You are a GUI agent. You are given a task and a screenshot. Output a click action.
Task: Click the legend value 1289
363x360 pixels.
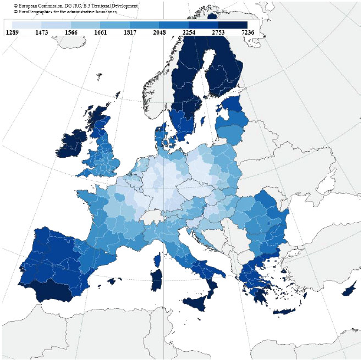point(12,32)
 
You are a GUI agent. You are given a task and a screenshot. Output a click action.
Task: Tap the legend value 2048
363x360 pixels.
point(159,32)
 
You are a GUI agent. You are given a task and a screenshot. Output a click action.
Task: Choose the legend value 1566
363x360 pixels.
point(70,32)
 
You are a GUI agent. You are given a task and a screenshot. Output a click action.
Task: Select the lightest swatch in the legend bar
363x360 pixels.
point(26,25)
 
